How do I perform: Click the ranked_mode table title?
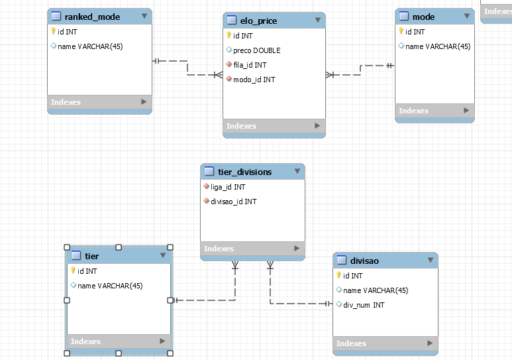pos(92,17)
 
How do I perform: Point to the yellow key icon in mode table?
pos(401,31)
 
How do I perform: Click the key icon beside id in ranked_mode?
pos(53,31)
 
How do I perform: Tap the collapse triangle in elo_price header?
pos(318,20)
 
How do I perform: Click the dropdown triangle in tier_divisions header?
pos(297,171)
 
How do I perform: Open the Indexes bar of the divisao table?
pos(385,343)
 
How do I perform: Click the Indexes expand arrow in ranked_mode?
pos(144,101)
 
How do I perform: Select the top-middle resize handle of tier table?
pos(119,247)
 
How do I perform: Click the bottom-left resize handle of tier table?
pos(67,353)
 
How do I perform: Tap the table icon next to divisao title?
pos(342,260)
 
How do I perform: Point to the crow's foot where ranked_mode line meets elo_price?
pos(219,75)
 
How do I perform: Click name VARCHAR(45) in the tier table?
pos(110,286)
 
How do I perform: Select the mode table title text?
pos(423,17)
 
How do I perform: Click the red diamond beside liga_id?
pos(206,186)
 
